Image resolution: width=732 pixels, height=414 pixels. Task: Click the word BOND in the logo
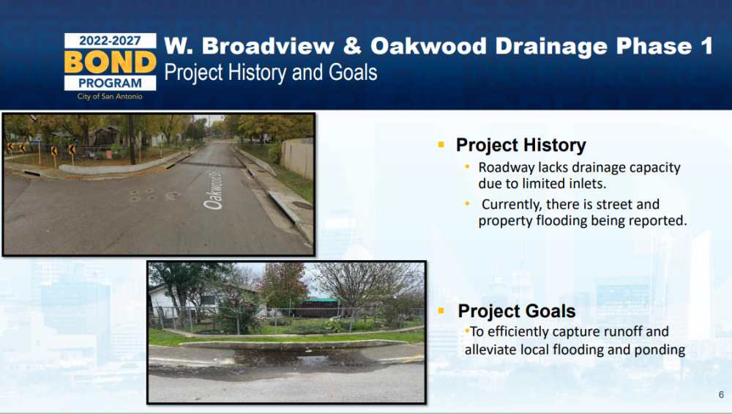coord(111,62)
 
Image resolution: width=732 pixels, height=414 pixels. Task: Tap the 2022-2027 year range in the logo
coord(111,40)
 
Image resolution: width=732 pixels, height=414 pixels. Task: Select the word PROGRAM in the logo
coord(111,84)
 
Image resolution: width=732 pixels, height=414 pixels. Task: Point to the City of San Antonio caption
coord(111,96)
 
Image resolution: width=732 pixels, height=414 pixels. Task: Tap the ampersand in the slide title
coord(353,46)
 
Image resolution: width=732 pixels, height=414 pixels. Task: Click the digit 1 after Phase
coord(706,45)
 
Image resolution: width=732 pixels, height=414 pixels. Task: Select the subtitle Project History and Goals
coord(271,73)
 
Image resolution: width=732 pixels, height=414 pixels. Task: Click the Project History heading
coord(521,145)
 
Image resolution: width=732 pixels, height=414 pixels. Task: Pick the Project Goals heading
coord(517,311)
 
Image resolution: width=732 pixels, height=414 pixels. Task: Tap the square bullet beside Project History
coord(441,145)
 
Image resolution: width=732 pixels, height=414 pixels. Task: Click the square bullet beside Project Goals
coord(441,310)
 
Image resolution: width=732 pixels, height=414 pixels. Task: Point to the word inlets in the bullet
coord(586,184)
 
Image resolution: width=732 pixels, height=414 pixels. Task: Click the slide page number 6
coord(721,395)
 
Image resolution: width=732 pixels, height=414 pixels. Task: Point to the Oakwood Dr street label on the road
coord(213,191)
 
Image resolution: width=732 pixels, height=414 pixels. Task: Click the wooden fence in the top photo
coord(297,158)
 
